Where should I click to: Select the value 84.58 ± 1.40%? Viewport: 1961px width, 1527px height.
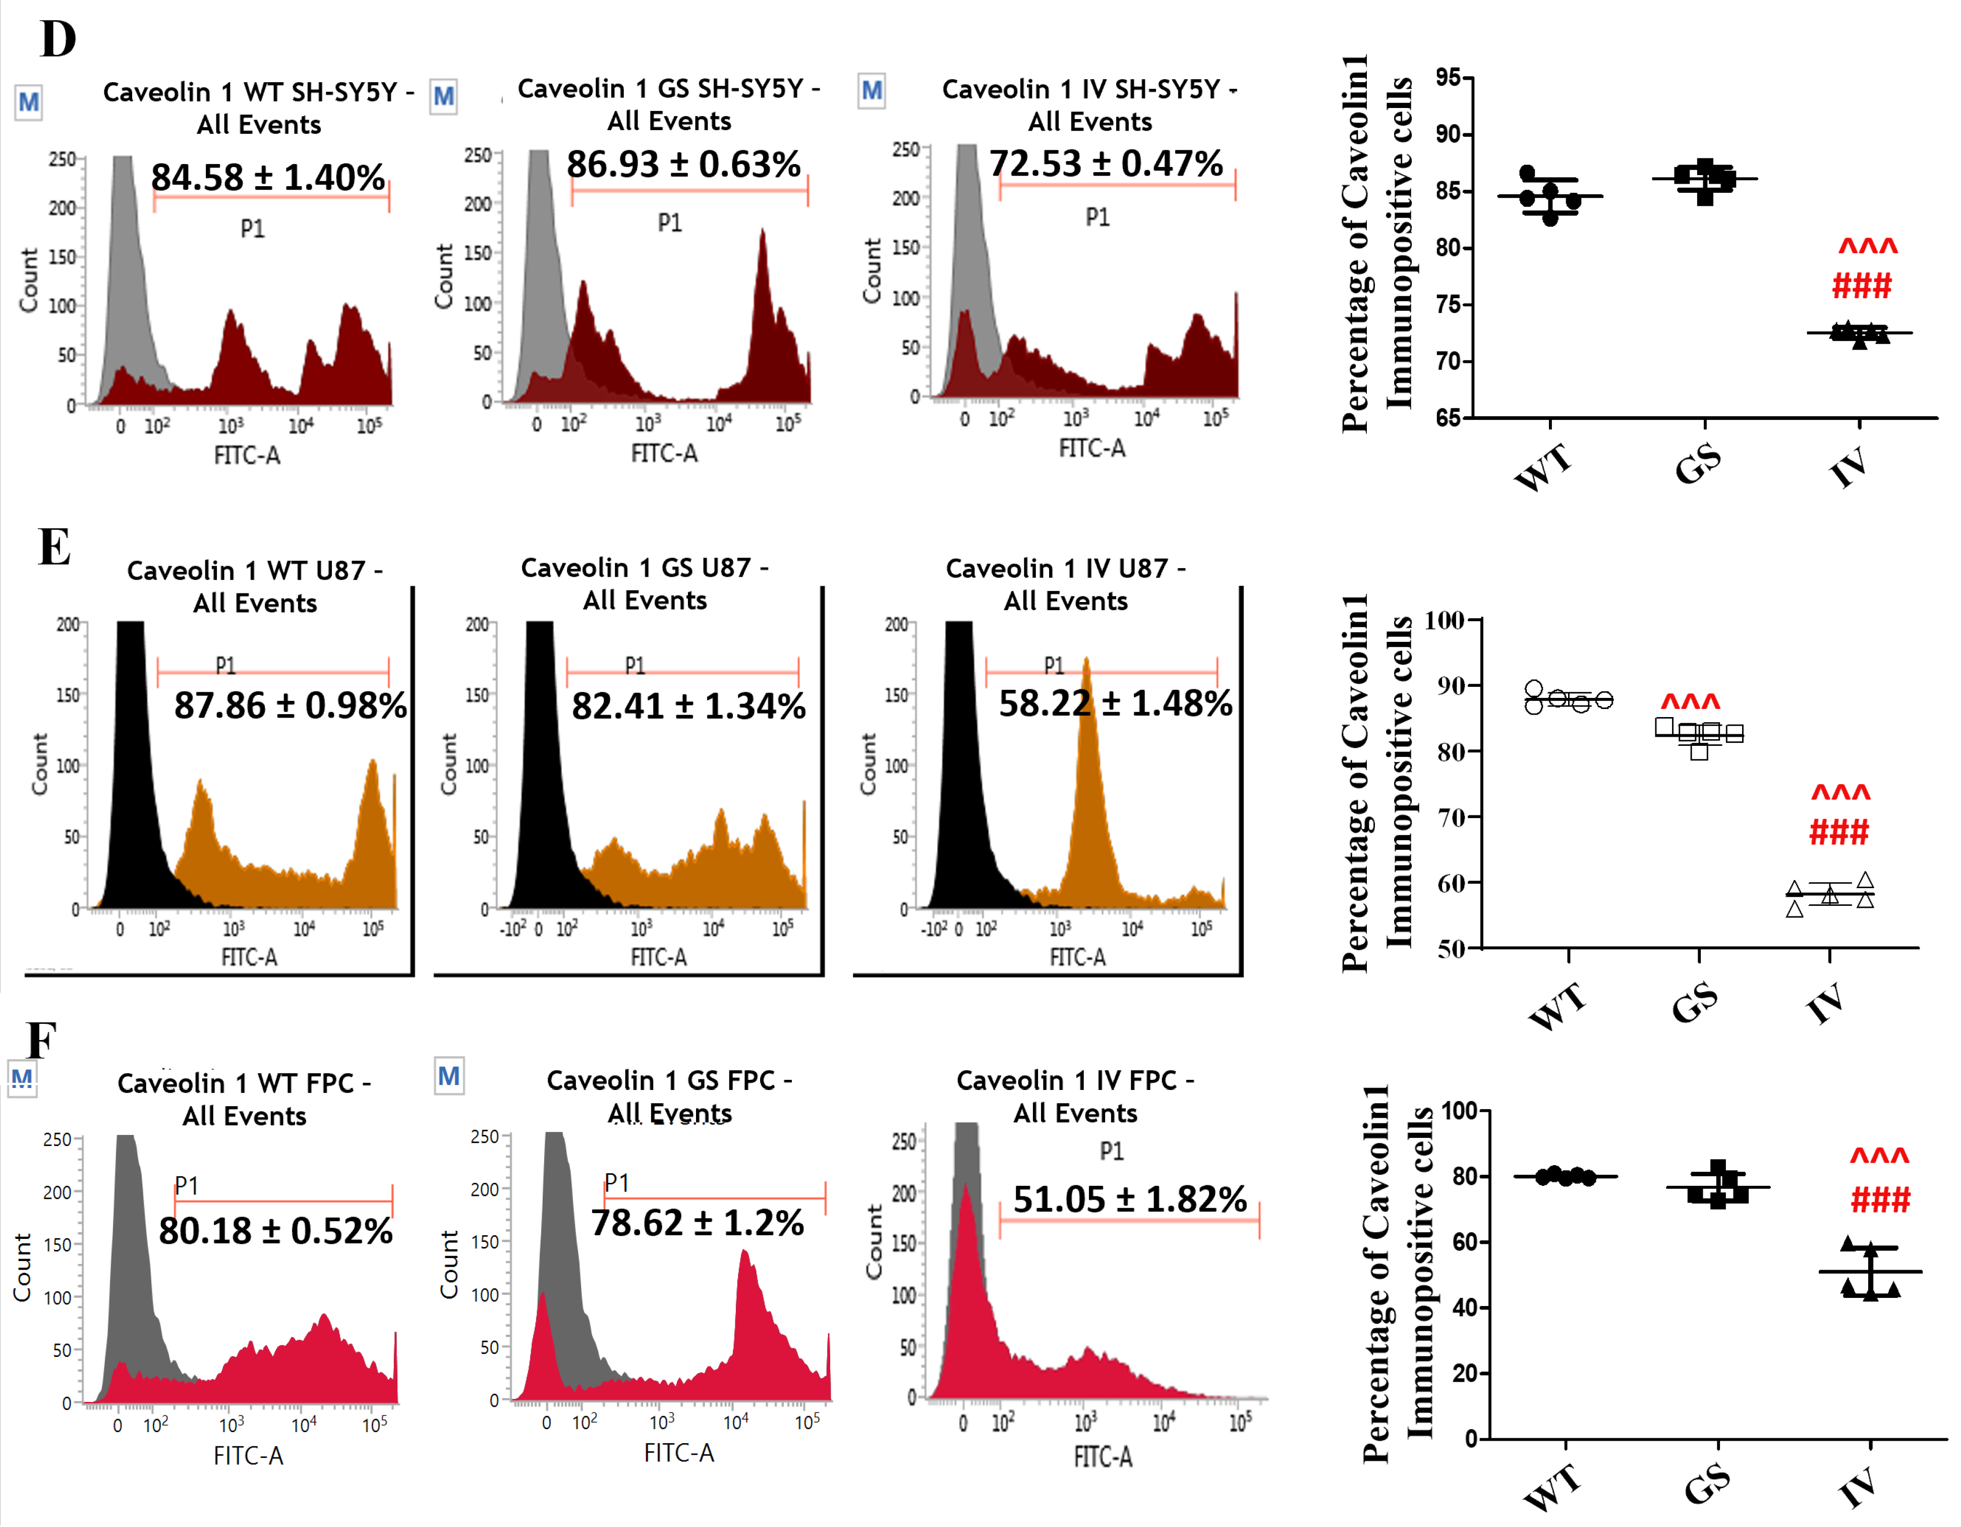(x=268, y=177)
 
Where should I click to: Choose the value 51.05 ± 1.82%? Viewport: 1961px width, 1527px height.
(x=1130, y=1199)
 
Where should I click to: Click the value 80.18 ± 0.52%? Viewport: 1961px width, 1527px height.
(x=276, y=1231)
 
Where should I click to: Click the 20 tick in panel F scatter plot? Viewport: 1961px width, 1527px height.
(x=1465, y=1374)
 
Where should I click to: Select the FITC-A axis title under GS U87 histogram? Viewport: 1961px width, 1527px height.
(x=658, y=957)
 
